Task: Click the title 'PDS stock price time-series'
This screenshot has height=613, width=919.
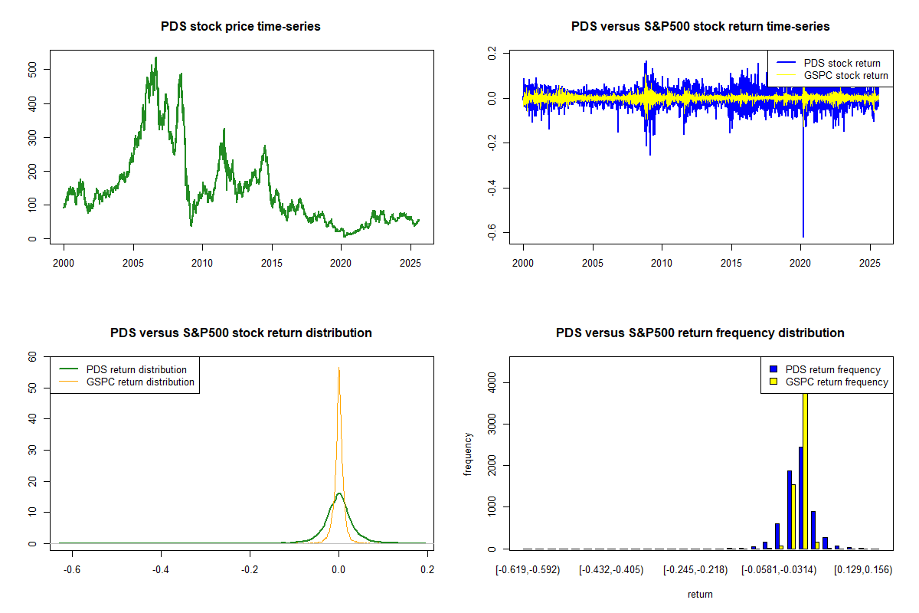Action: click(240, 27)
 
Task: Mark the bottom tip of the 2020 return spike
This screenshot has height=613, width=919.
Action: click(803, 237)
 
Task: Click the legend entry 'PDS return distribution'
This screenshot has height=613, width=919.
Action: click(136, 369)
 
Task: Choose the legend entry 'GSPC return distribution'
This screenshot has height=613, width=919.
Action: click(140, 382)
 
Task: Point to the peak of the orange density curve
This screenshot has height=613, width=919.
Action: click(338, 368)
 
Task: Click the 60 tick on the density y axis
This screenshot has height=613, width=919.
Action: click(33, 356)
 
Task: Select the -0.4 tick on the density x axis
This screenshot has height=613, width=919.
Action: click(160, 570)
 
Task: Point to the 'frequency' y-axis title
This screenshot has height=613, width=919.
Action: click(468, 455)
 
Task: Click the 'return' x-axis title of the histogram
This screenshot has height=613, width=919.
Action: click(700, 594)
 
